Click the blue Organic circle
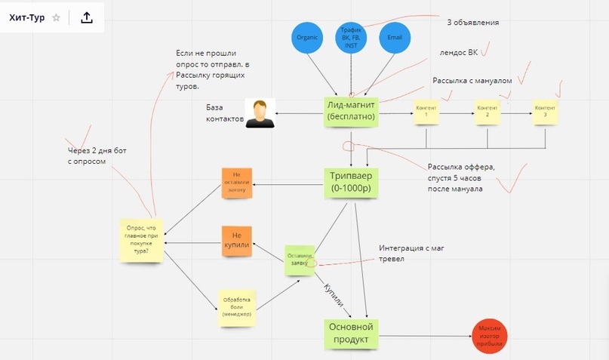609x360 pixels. tap(306, 38)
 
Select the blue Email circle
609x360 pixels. tap(395, 38)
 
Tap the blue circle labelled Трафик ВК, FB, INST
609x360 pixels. tap(350, 38)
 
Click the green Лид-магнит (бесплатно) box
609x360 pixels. tap(351, 112)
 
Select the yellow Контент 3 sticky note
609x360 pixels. tap(545, 112)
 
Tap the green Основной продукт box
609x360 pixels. tap(350, 334)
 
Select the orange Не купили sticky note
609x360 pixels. tap(236, 241)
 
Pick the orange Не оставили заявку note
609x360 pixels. tap(236, 182)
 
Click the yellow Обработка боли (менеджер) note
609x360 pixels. tap(236, 309)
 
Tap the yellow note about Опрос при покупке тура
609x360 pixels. tap(141, 240)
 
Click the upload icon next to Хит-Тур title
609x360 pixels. tap(87, 17)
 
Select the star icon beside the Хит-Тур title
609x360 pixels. tap(56, 17)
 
